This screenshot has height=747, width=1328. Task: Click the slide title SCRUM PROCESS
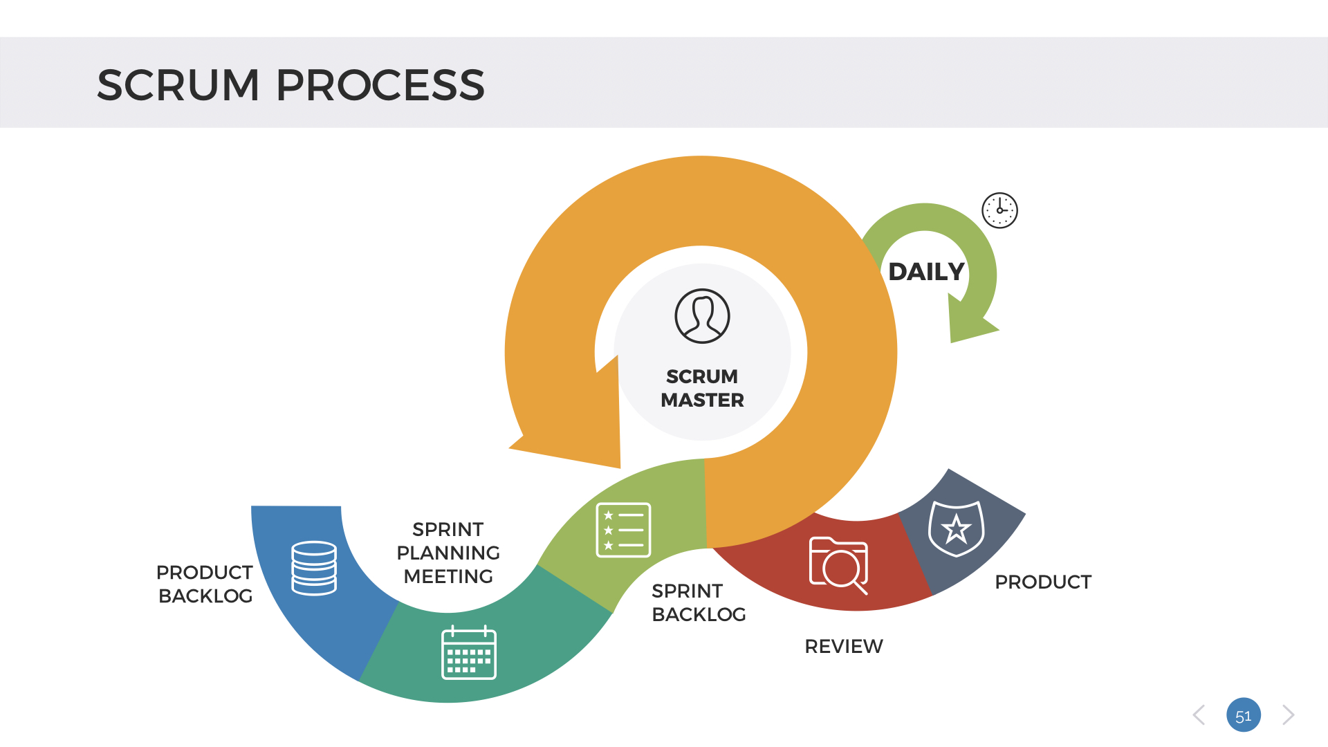click(290, 85)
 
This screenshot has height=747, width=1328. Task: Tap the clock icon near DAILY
click(999, 210)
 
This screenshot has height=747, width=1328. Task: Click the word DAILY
click(926, 272)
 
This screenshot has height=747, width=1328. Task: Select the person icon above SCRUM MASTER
click(702, 316)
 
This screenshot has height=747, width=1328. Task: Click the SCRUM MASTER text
click(702, 388)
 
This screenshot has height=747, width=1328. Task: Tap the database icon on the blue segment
click(314, 568)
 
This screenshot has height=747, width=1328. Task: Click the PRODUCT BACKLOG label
click(205, 584)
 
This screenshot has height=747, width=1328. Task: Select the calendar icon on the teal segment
click(469, 653)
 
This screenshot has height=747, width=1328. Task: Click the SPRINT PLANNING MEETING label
click(448, 553)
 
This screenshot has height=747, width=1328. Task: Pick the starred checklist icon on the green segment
click(623, 530)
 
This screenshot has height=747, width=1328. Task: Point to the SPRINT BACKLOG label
click(699, 602)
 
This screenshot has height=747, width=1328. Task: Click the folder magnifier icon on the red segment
click(838, 564)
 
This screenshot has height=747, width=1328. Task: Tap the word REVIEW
click(844, 646)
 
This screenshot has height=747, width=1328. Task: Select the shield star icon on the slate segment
click(956, 528)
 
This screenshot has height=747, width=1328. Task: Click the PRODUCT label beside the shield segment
click(1043, 582)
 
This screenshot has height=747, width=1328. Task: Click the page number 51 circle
click(1243, 715)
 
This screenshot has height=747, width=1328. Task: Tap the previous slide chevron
click(1199, 715)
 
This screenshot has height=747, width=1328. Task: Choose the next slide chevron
click(1288, 715)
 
